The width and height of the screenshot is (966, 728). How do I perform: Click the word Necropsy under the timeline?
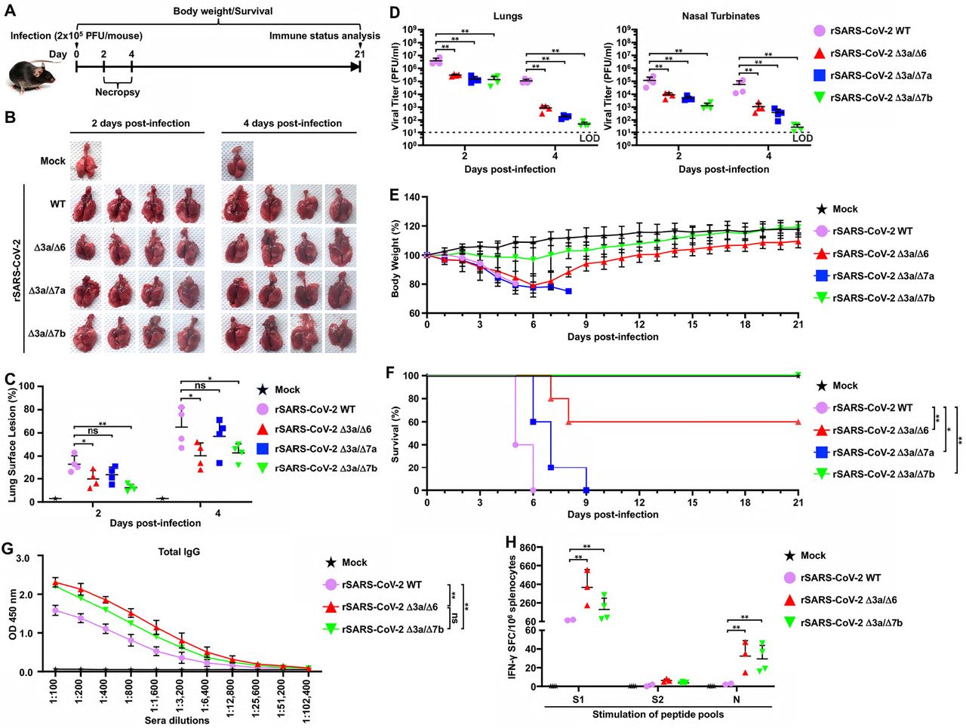tap(117, 92)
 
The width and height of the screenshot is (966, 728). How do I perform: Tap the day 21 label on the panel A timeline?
tap(360, 54)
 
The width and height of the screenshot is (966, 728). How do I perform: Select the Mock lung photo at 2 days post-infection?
tap(85, 159)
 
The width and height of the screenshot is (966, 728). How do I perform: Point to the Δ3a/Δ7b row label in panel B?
tap(47, 333)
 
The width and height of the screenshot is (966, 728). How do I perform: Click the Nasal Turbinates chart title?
tap(721, 16)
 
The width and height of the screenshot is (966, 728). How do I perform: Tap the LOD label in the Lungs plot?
tap(589, 138)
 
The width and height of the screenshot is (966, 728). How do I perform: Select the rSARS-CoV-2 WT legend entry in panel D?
tap(870, 31)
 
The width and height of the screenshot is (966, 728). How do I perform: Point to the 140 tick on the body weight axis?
tap(411, 198)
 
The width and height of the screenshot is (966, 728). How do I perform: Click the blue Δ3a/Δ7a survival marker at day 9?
tap(586, 490)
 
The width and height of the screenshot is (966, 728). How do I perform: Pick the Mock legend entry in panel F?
tap(844, 386)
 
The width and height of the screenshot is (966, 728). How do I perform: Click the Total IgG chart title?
tap(180, 551)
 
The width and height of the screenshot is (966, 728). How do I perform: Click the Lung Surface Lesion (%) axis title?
tap(12, 444)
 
